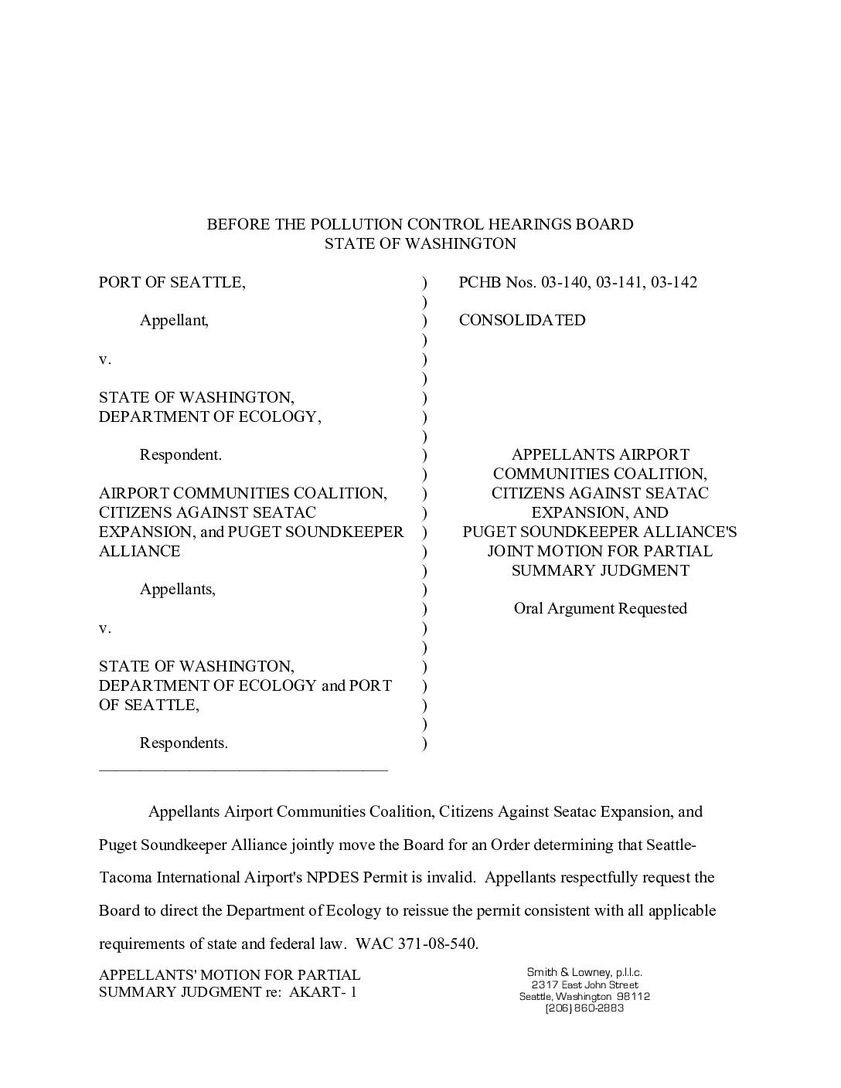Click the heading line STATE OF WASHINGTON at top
[420, 243]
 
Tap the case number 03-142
[673, 282]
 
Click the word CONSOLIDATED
[522, 320]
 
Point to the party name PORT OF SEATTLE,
[172, 282]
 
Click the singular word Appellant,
[174, 320]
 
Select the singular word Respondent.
[180, 454]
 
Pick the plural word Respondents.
[183, 743]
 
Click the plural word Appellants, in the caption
[177, 589]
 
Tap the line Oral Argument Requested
[600, 608]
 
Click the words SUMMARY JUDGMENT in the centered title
[600, 570]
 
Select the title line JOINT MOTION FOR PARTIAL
[600, 551]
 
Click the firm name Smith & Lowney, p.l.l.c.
[584, 972]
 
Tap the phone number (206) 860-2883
[584, 1008]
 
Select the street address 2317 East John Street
[584, 984]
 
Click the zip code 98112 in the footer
[633, 996]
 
